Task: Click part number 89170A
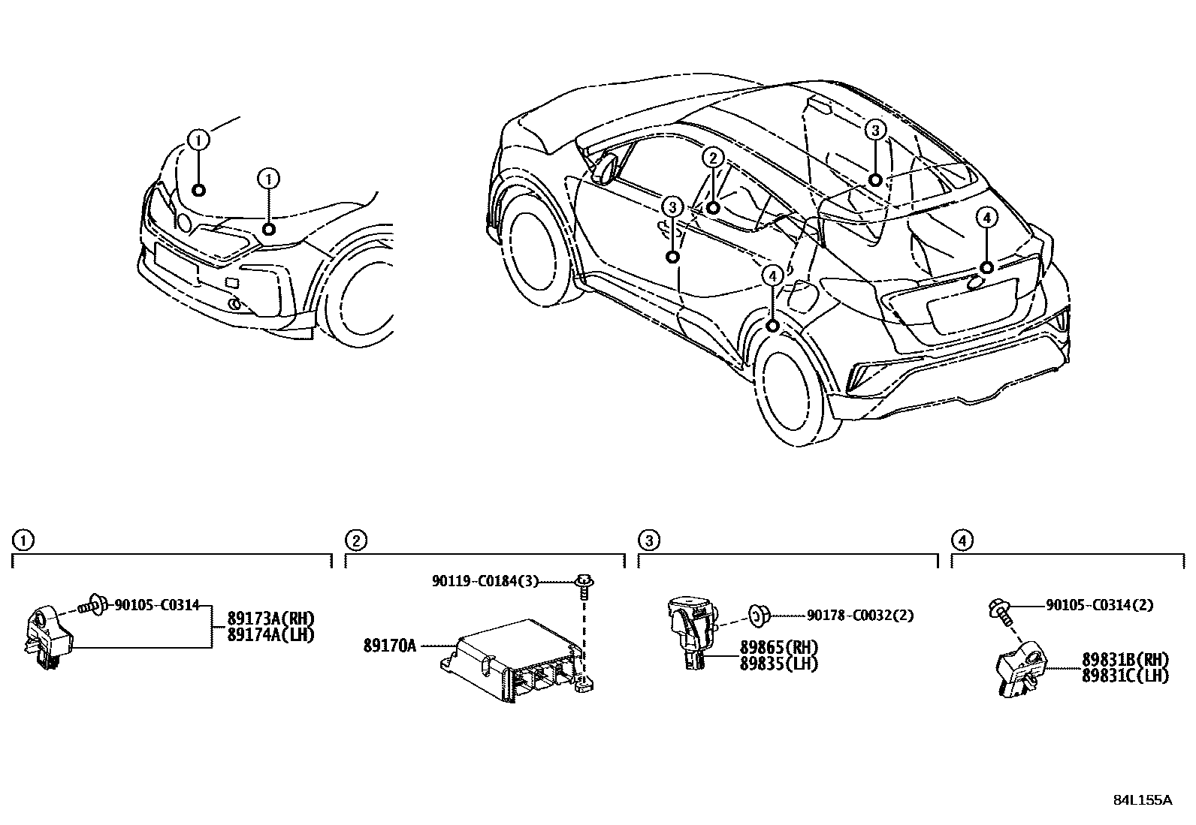click(x=389, y=645)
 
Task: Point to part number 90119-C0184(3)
click(x=485, y=581)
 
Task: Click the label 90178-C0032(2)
click(x=860, y=616)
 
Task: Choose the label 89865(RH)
click(x=779, y=647)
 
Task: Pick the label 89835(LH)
click(x=779, y=664)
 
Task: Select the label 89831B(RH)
click(x=1125, y=660)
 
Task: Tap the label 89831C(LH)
click(x=1125, y=676)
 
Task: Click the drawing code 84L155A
click(x=1142, y=799)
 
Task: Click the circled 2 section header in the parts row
click(x=355, y=540)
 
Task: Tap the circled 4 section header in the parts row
click(x=962, y=540)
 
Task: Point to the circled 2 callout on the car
click(x=713, y=158)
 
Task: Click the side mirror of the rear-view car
click(x=604, y=167)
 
